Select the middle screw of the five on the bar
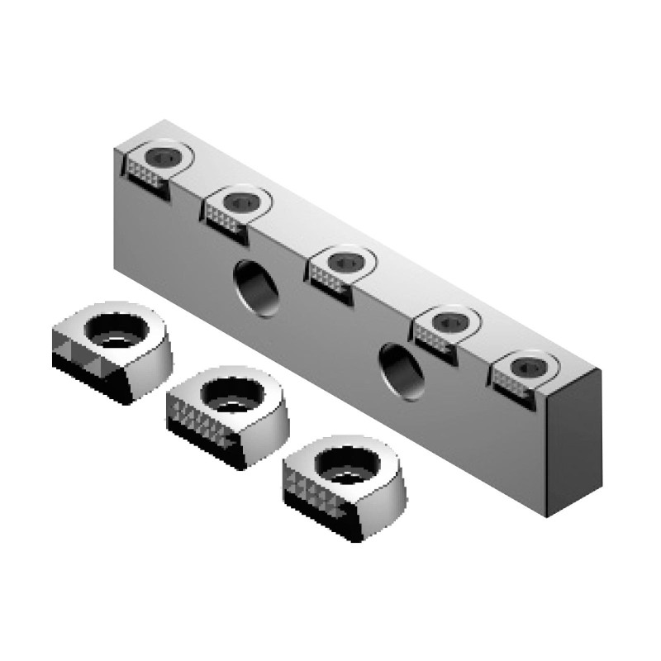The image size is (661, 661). click(x=345, y=260)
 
